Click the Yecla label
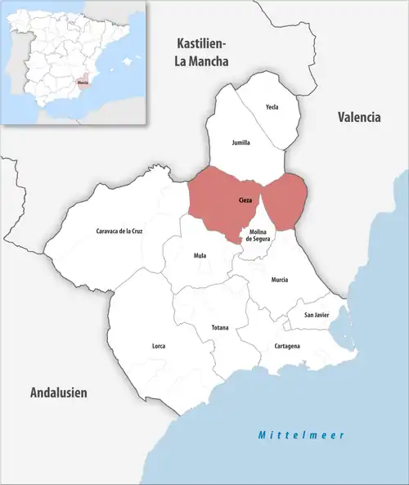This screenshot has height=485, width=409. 272,107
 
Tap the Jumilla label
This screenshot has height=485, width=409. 240,142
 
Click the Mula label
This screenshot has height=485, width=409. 200,255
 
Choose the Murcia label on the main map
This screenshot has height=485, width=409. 280,280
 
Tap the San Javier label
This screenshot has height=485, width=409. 317,315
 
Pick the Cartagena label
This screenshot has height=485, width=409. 286,346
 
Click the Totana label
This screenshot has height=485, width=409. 220,328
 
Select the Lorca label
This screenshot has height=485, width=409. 159,346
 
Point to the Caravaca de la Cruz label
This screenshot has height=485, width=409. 119,231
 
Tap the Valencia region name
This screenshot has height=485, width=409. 359,117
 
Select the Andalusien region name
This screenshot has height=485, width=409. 58,393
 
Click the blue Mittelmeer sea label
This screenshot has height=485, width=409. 300,434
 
